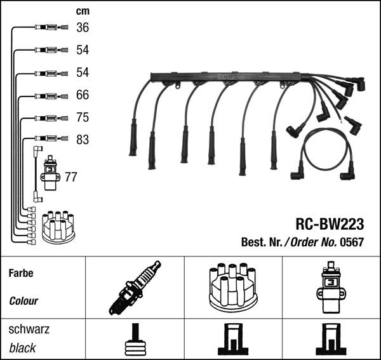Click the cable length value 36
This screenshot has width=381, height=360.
coord(83,27)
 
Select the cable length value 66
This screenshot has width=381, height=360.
coord(83,95)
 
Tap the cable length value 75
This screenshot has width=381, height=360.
coord(83,117)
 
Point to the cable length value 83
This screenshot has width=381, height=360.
coord(83,140)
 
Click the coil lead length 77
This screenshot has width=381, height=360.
coord(70,177)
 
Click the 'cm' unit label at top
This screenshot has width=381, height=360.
coord(82,11)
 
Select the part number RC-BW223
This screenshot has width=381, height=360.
coord(329,224)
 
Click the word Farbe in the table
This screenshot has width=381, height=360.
coord(21,273)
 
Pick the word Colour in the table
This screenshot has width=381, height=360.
coord(23,301)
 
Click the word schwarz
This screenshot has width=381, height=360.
coord(29,330)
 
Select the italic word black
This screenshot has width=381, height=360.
coord(22,348)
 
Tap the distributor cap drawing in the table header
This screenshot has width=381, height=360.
coord(232,287)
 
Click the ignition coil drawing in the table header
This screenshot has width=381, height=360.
coord(330,287)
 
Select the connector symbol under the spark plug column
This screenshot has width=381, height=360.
coord(135,341)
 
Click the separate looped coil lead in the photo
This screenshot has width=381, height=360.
coord(326,152)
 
